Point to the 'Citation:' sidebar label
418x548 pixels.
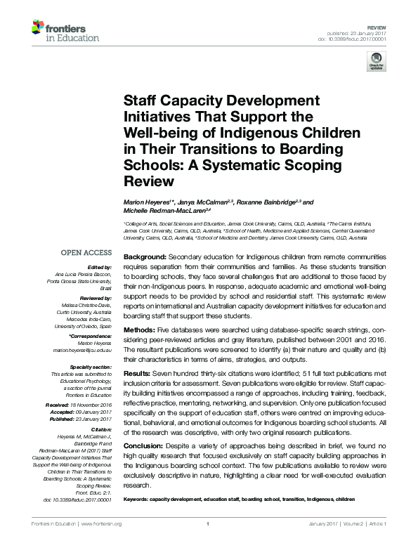(x=100, y=429)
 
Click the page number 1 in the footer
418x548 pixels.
(x=209, y=523)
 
